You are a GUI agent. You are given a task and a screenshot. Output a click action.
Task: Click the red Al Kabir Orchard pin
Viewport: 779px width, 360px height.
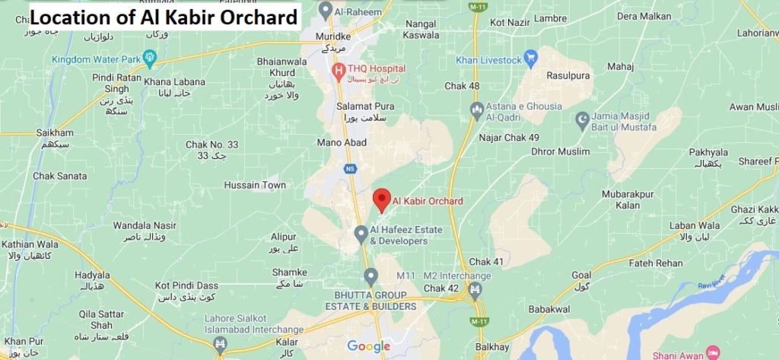click(382, 199)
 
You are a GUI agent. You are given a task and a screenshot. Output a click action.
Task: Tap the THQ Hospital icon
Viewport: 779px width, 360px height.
click(339, 71)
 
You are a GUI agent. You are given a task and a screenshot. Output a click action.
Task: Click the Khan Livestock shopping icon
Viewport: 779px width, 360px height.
click(530, 58)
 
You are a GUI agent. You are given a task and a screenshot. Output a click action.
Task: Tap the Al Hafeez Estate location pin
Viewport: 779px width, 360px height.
click(361, 231)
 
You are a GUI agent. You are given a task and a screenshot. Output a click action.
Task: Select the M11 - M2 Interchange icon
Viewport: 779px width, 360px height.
click(475, 289)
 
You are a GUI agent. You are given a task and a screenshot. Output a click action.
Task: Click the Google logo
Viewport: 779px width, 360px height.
click(369, 346)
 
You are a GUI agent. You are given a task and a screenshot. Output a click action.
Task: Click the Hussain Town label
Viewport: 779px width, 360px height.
click(255, 185)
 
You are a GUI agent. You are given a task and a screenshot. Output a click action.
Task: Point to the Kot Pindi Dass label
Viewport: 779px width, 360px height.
click(186, 285)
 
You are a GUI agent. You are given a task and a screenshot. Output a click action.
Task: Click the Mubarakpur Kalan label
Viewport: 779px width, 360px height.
click(628, 199)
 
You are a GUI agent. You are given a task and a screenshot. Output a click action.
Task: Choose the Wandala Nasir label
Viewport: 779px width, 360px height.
click(145, 225)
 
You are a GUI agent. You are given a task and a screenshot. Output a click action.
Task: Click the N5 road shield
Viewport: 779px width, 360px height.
click(350, 168)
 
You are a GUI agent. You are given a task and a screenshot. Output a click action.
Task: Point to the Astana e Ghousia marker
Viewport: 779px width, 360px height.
click(476, 110)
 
